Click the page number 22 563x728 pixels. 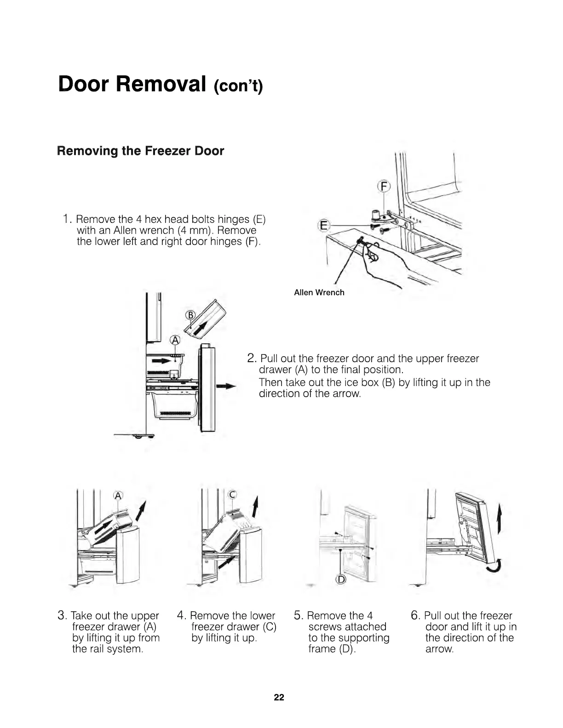point(279,697)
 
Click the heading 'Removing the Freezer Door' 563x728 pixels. point(140,151)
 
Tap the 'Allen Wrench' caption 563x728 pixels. point(319,292)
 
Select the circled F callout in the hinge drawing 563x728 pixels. point(383,187)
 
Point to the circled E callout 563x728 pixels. point(324,225)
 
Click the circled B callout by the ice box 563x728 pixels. point(190,315)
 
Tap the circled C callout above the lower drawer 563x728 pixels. point(232,495)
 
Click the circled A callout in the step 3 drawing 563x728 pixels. point(118,495)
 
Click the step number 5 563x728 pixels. point(298,615)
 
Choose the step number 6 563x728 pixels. point(415,615)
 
